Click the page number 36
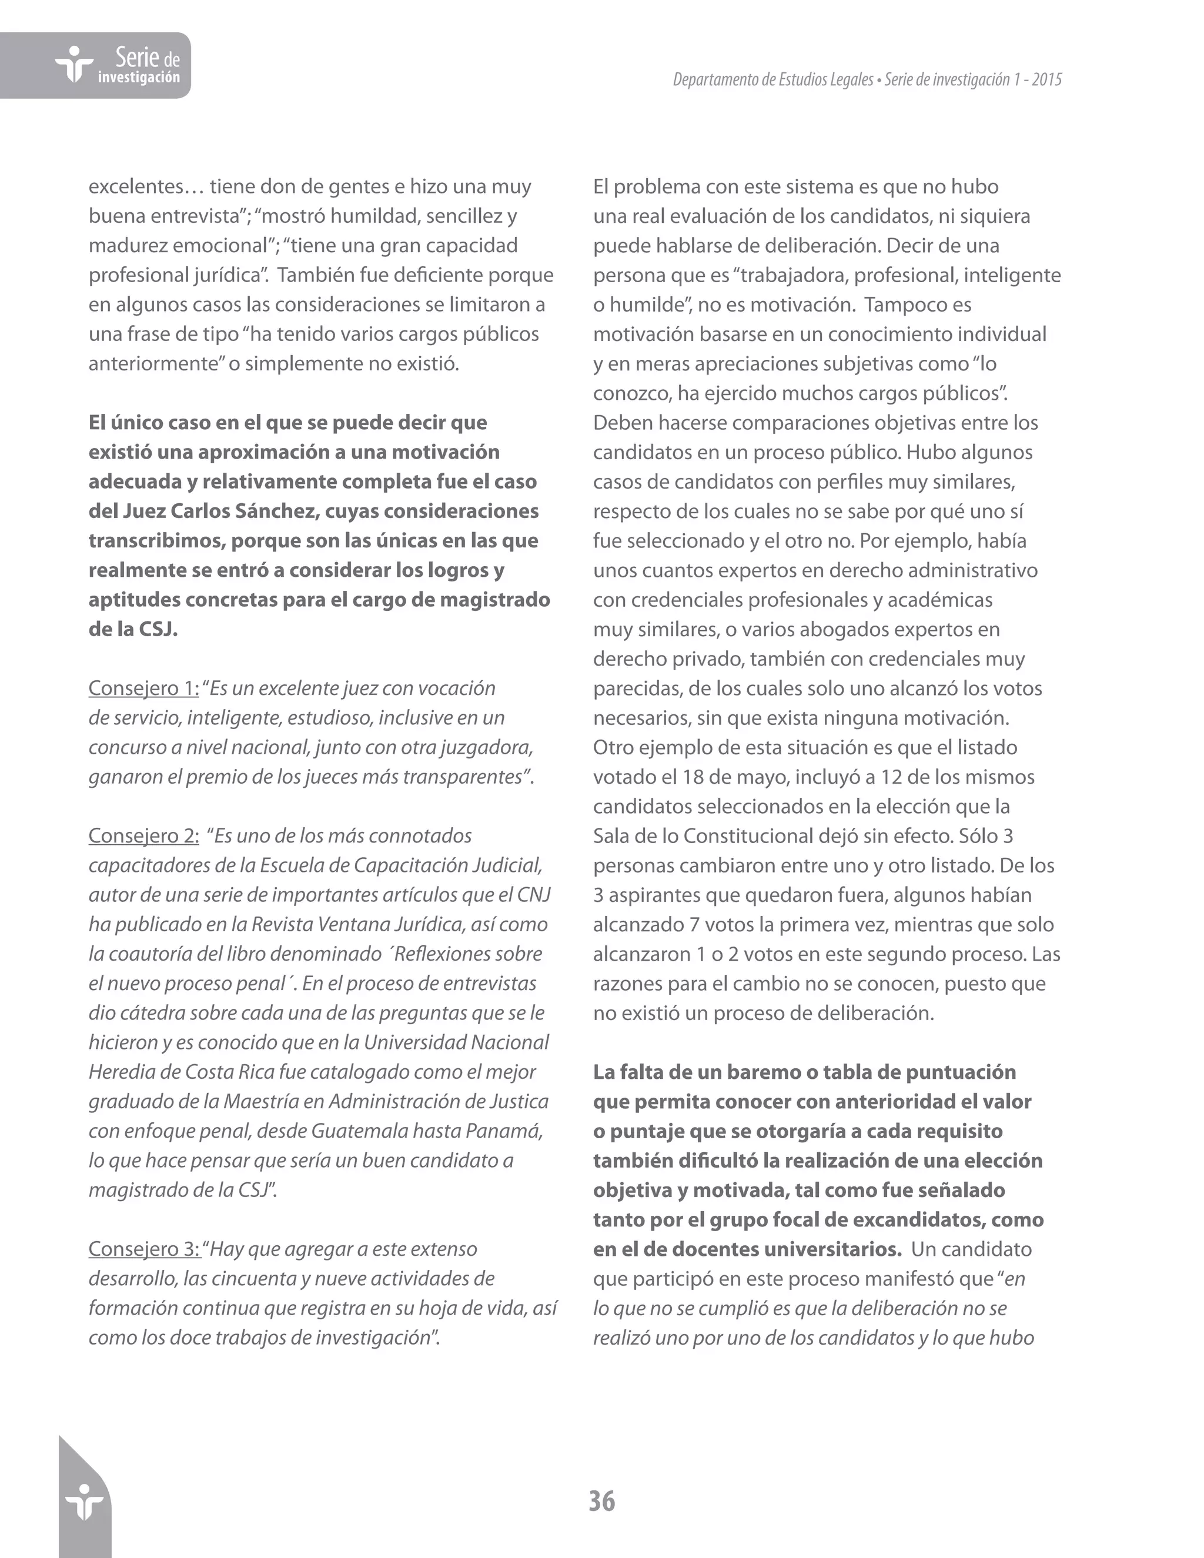(601, 1501)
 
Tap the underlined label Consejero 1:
(143, 688)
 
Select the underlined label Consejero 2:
(143, 836)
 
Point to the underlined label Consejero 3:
(143, 1249)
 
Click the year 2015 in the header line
(1046, 80)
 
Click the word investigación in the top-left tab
(138, 78)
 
